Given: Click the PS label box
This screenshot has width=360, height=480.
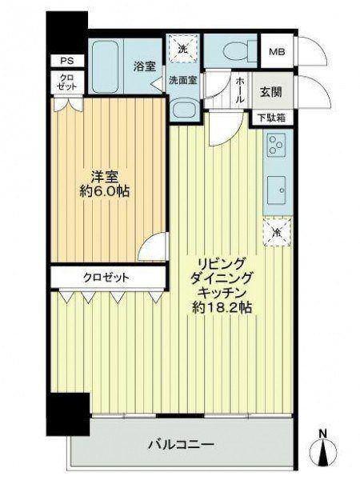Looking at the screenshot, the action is [67, 61].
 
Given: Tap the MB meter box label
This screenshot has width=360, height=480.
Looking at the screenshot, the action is [277, 51].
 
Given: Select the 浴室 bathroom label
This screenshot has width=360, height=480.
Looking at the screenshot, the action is [144, 66].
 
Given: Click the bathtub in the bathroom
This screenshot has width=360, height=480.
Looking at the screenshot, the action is [106, 66].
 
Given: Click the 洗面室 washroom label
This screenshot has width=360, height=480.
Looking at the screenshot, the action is [183, 80].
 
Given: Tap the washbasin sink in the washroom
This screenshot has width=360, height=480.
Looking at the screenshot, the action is [184, 110].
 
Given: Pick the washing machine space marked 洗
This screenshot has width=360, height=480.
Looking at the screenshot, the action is [183, 48].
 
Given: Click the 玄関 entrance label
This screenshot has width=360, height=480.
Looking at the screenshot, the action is [271, 91].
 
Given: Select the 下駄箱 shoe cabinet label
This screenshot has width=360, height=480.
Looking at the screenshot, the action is [271, 118].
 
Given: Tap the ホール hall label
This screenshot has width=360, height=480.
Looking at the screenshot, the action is [240, 90].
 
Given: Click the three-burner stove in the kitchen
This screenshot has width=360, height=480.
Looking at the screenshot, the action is [277, 144].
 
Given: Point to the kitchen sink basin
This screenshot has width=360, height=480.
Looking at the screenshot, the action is [277, 190].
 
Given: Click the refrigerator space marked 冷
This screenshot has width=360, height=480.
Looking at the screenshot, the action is [277, 231].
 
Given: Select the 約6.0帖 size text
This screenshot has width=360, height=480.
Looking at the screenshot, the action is [105, 192].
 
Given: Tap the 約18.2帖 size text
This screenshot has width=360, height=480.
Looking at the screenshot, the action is [222, 308].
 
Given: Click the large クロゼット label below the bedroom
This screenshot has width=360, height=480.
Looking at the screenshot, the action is [106, 278].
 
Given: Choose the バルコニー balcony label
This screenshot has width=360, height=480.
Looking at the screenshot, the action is [182, 444].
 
